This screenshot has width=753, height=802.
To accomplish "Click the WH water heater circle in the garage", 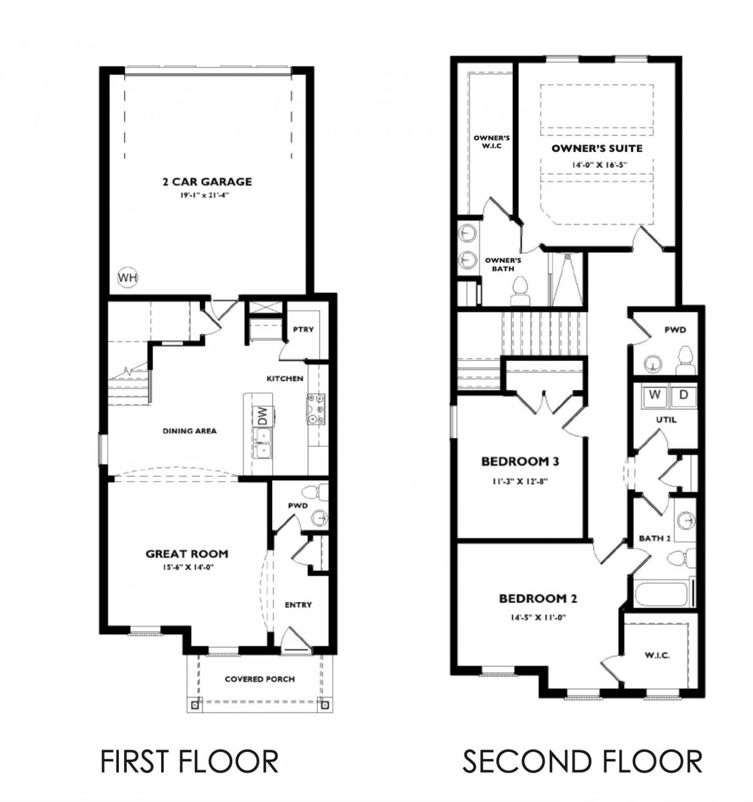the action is [x=127, y=277].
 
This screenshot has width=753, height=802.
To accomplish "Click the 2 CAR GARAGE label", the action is [x=207, y=182].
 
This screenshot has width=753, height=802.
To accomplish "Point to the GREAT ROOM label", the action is [x=187, y=553].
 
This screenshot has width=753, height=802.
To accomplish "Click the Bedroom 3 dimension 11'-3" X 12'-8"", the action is [x=520, y=481].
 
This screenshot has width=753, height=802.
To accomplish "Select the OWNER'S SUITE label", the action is [x=597, y=148].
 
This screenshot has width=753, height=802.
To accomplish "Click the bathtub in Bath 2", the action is [x=663, y=593].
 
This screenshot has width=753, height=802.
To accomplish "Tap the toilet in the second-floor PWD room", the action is [x=686, y=360].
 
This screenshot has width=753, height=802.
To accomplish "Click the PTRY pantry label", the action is [x=303, y=329].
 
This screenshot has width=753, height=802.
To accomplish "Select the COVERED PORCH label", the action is [x=260, y=679].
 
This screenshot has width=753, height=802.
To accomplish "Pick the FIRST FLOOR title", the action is [x=189, y=761].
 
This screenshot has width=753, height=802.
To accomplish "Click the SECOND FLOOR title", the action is [x=582, y=761].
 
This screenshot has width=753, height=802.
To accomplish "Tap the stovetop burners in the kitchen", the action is [x=316, y=409].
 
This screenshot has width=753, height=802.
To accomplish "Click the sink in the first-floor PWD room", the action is [x=320, y=517].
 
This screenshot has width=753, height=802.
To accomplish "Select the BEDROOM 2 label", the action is [x=538, y=598].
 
